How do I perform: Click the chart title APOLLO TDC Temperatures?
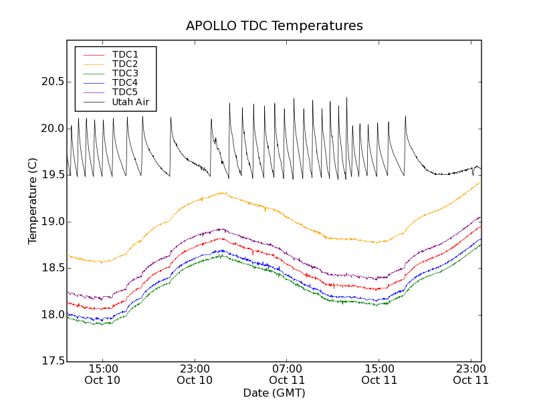click(274, 26)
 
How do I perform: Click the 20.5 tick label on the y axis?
click(51, 82)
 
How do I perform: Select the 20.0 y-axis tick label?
click(51, 129)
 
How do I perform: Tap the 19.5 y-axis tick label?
click(51, 175)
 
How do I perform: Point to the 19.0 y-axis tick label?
click(51, 222)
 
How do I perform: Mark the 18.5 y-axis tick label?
click(51, 268)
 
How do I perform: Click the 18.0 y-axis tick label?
click(51, 315)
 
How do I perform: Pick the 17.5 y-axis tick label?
click(51, 361)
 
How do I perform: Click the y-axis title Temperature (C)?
click(33, 201)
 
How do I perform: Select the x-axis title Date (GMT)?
click(274, 393)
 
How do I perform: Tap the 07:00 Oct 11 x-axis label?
click(287, 374)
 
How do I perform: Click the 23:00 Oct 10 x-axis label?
click(195, 374)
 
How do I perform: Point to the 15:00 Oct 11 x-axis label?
click(379, 374)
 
